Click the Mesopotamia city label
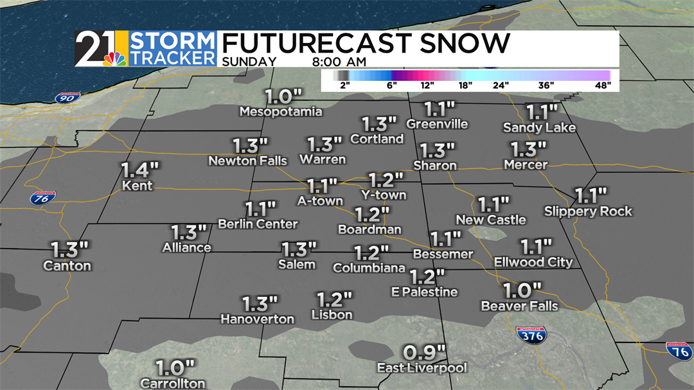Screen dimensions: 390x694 [281, 112]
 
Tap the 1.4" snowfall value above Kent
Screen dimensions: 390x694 [139, 170]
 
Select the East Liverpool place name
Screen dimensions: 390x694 [422, 368]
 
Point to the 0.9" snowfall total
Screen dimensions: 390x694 [424, 352]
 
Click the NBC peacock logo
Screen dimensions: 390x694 [114, 58]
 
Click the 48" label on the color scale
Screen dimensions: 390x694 [602, 84]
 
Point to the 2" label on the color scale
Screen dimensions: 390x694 [344, 84]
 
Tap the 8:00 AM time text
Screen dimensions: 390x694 [339, 62]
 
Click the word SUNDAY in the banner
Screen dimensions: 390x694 [249, 62]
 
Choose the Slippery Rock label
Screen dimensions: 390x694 [588, 211]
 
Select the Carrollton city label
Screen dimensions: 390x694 [173, 383]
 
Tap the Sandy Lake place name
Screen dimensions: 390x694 [539, 127]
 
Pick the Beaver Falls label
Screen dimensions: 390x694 [519, 306]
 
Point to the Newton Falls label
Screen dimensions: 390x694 [247, 161]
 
